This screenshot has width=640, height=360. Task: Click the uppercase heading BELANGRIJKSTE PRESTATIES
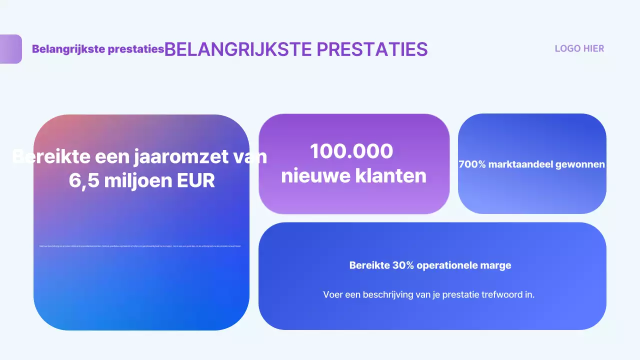[296, 49]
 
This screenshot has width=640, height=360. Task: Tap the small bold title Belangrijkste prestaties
[98, 49]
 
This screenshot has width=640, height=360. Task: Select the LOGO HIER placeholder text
[579, 48]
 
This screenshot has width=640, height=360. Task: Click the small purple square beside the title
[10, 49]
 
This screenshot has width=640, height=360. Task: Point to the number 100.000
[351, 151]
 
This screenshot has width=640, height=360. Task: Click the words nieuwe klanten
[353, 175]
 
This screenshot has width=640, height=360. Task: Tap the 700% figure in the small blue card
[472, 164]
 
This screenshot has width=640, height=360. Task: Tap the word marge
[499, 265]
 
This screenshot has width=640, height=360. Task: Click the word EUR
[195, 181]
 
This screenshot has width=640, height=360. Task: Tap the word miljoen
[133, 181]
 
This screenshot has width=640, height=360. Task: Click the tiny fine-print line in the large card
[140, 246]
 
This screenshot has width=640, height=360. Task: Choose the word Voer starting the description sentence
[333, 294]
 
